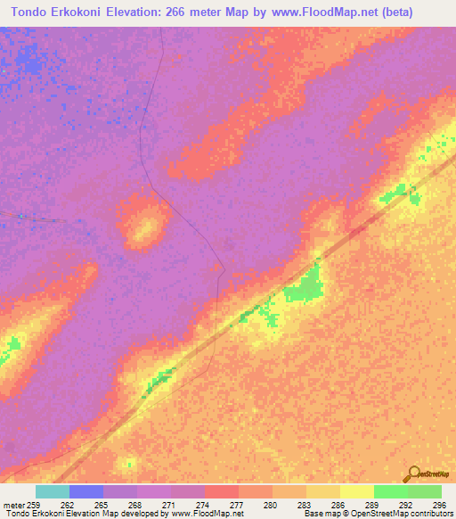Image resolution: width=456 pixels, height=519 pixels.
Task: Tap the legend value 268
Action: click(x=135, y=504)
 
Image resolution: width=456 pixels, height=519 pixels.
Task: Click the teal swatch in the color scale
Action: click(x=53, y=491)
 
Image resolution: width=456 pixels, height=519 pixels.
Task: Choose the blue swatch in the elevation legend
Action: click(x=86, y=491)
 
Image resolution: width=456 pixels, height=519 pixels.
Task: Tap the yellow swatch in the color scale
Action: click(x=356, y=491)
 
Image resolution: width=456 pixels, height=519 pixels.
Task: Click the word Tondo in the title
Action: click(x=30, y=13)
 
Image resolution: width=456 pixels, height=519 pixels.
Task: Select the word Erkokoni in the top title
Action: click(x=88, y=13)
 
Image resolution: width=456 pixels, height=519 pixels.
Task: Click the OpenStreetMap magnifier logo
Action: click(x=411, y=474)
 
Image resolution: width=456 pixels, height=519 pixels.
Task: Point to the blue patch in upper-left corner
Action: click(x=31, y=62)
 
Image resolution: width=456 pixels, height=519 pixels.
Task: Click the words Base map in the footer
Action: click(x=318, y=514)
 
